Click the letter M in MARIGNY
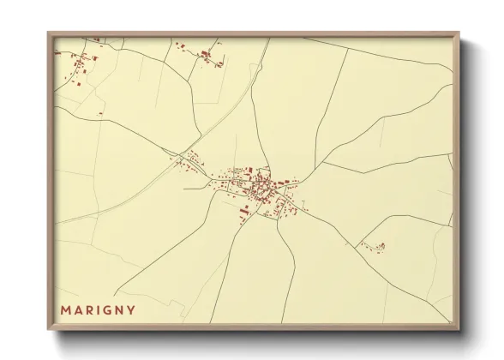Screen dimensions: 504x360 (x=66, y=309)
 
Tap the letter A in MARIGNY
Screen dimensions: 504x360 (x=80, y=309)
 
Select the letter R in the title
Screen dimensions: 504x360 (x=92, y=309)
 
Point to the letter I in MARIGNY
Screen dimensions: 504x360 (x=101, y=309)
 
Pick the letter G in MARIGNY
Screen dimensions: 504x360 (x=111, y=309)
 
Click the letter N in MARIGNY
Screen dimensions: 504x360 (x=123, y=309)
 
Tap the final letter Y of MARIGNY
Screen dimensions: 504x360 (x=135, y=309)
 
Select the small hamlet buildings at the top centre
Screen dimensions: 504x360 (x=207, y=56)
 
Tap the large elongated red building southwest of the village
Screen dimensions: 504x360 (x=243, y=210)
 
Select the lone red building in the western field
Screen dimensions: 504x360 (x=100, y=113)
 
